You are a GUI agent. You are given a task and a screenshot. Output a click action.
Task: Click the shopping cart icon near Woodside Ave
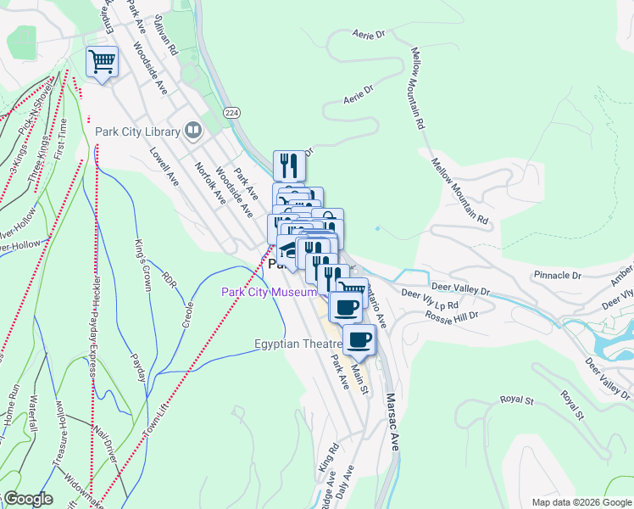coord(102,61)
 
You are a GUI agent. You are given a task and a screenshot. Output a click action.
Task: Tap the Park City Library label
coord(137,131)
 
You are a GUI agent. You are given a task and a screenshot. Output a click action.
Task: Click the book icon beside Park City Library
coord(194,131)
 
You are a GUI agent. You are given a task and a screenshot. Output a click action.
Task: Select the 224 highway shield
coord(231,112)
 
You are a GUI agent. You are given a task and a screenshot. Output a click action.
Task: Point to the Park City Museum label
coord(269,293)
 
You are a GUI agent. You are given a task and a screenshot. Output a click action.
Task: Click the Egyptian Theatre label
coord(298,344)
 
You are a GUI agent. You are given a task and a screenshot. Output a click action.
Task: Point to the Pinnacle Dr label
coord(557,276)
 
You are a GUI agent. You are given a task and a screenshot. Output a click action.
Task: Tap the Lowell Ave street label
coord(164,167)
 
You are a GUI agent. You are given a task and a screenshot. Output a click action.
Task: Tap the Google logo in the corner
coord(27,499)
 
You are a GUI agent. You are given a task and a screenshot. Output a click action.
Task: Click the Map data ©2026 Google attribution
coord(581,502)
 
